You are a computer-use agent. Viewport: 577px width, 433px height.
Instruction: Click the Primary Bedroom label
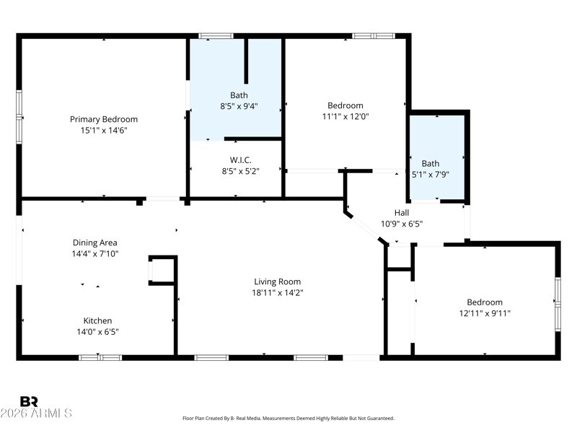[104, 119]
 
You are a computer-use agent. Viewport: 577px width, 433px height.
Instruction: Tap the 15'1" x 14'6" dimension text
[104, 131]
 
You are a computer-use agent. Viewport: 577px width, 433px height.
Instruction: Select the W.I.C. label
[241, 160]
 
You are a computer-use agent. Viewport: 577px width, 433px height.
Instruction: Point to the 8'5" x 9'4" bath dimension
[239, 106]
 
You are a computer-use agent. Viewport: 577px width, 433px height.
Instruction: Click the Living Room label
[278, 281]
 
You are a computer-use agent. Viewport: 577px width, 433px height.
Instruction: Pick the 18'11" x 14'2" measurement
[278, 293]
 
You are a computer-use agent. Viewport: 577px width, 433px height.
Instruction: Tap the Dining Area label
[95, 242]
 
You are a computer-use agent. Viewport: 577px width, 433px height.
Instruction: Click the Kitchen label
[97, 320]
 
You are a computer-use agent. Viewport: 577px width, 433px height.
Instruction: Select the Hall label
[402, 213]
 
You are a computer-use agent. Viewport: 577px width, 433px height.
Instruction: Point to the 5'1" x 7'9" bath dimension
[430, 175]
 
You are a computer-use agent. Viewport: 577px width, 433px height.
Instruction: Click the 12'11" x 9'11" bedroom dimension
[485, 313]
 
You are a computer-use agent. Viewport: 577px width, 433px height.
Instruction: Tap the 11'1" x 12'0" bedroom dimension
[345, 117]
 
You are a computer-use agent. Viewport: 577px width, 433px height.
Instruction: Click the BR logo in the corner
[29, 401]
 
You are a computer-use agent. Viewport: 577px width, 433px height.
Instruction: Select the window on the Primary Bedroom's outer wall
[19, 117]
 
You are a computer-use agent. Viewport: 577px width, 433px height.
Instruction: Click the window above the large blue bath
[216, 36]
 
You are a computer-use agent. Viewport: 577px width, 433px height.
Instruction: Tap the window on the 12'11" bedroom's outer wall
[558, 304]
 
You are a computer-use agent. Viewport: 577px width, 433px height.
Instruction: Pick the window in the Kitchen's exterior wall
[100, 357]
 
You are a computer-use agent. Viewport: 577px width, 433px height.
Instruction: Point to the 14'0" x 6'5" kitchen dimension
[97, 332]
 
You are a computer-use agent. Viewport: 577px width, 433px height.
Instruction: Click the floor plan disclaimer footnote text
[288, 419]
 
